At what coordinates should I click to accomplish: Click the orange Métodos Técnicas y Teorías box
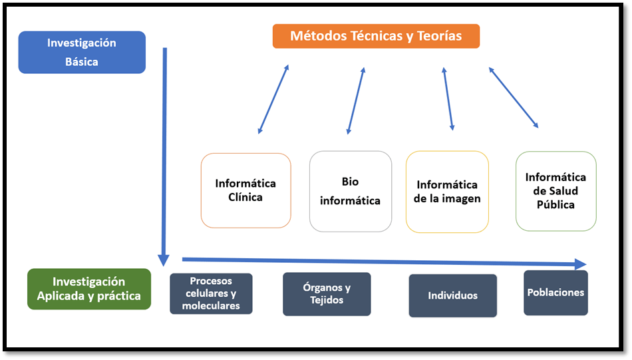coord(376,36)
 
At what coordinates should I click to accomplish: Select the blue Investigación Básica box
coord(82,52)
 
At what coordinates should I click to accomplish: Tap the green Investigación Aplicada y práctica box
coord(88,289)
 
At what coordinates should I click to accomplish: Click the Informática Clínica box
coord(245,190)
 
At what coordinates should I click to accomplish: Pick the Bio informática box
coord(351,191)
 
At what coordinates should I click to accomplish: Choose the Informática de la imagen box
coord(447,192)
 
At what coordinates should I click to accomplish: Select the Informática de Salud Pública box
coord(555,191)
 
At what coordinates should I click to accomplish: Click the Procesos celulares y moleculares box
coord(211,293)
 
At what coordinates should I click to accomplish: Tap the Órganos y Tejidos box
coord(327,293)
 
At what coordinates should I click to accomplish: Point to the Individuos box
coord(452,295)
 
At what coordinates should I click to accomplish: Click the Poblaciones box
coord(555,292)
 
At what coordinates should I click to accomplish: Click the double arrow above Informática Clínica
coord(273,99)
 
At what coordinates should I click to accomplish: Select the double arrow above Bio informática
coord(356,100)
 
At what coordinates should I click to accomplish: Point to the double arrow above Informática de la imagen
coord(448,98)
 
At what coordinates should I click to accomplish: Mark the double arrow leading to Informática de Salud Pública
coord(514,96)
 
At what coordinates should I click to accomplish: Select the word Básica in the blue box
coord(82,62)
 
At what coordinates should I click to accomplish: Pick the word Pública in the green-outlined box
coord(555,204)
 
